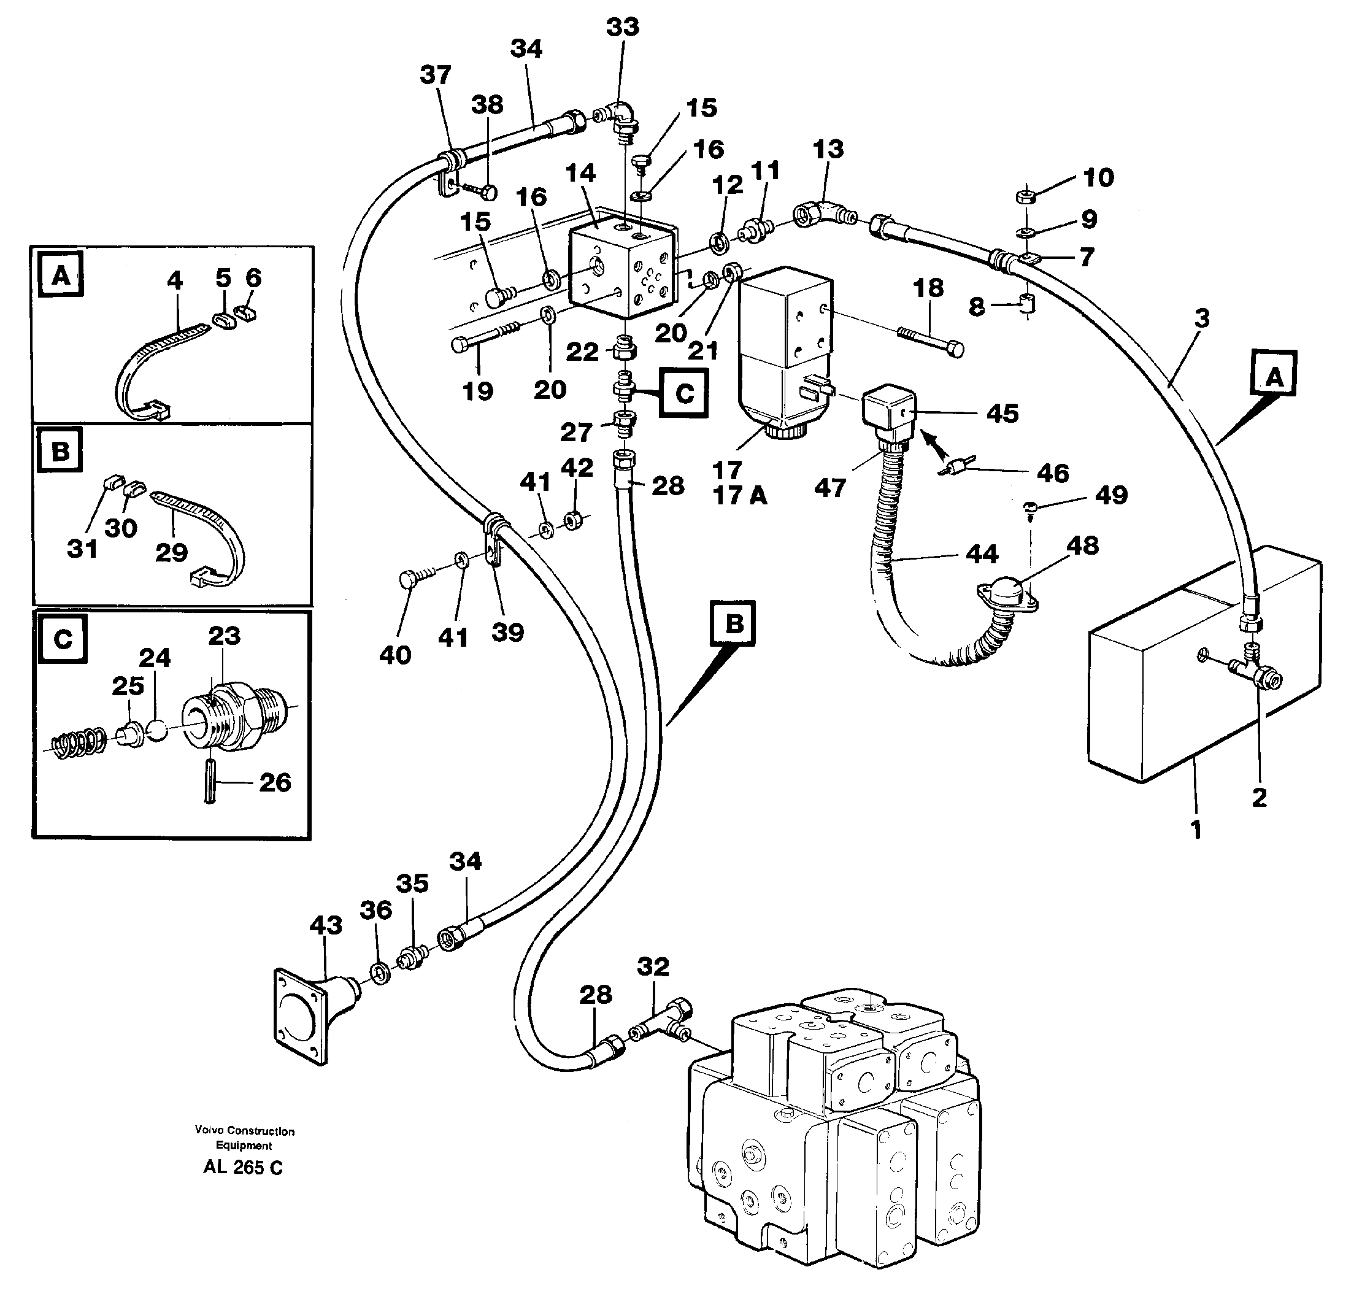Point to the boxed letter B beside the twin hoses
(734, 623)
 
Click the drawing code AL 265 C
(242, 1167)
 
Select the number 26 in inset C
(275, 782)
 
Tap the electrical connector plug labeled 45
(890, 411)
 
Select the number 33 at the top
(622, 27)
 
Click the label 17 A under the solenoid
(740, 496)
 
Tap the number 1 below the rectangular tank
(1196, 829)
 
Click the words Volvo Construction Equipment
(244, 1138)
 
